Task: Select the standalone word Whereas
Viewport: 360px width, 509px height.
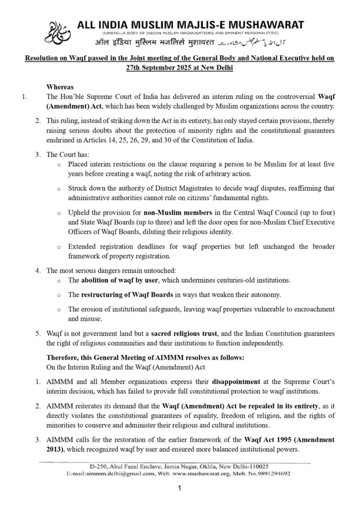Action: tap(60, 87)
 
